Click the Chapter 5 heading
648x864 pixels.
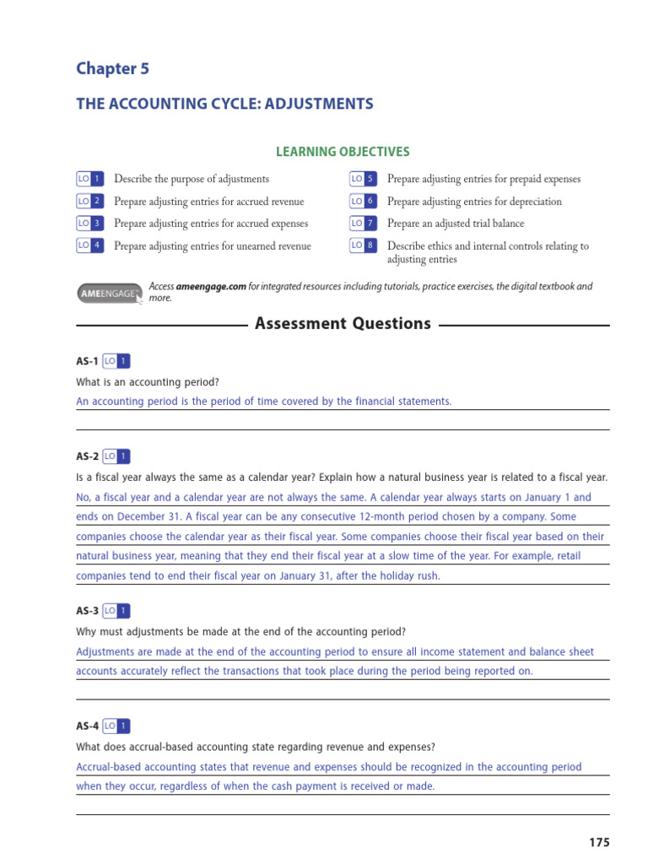[x=112, y=69]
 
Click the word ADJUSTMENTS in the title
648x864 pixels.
[x=316, y=105]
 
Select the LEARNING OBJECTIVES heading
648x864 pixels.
[x=343, y=152]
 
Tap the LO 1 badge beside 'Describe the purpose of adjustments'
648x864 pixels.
[x=90, y=179]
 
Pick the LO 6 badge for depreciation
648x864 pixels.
[x=363, y=202]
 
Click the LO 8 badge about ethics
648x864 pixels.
[x=363, y=246]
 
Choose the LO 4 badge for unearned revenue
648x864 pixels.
[x=90, y=246]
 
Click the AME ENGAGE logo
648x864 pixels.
[x=109, y=292]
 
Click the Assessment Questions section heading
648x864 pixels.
[x=343, y=324]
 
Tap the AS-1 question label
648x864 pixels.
[x=87, y=361]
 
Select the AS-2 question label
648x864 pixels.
[x=87, y=456]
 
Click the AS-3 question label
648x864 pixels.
[x=87, y=610]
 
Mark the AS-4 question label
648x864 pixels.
[x=87, y=726]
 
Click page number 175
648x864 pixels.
[x=598, y=842]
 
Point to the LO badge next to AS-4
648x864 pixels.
[x=116, y=726]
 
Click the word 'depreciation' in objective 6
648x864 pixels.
[x=534, y=202]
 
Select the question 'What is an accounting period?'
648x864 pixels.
[x=148, y=381]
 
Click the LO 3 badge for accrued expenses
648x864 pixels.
[x=90, y=224]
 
